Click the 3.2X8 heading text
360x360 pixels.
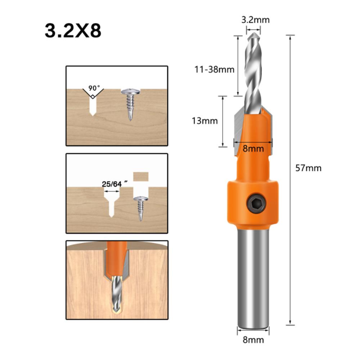pyautogui.click(x=73, y=31)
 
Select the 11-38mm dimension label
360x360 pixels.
pyautogui.click(x=214, y=69)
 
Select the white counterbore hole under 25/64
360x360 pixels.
pyautogui.click(x=111, y=202)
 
